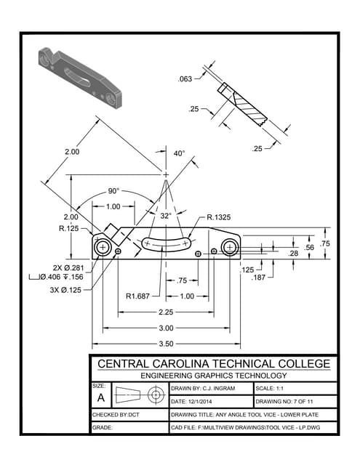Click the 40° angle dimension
179,153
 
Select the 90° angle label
113,191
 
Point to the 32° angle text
166,216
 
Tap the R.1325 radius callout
219,217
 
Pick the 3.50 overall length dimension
167,344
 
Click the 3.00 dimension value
167,328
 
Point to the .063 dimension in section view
185,78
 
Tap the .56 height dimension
310,247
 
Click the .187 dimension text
258,278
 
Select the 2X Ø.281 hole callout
68,267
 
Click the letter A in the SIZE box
100,398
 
